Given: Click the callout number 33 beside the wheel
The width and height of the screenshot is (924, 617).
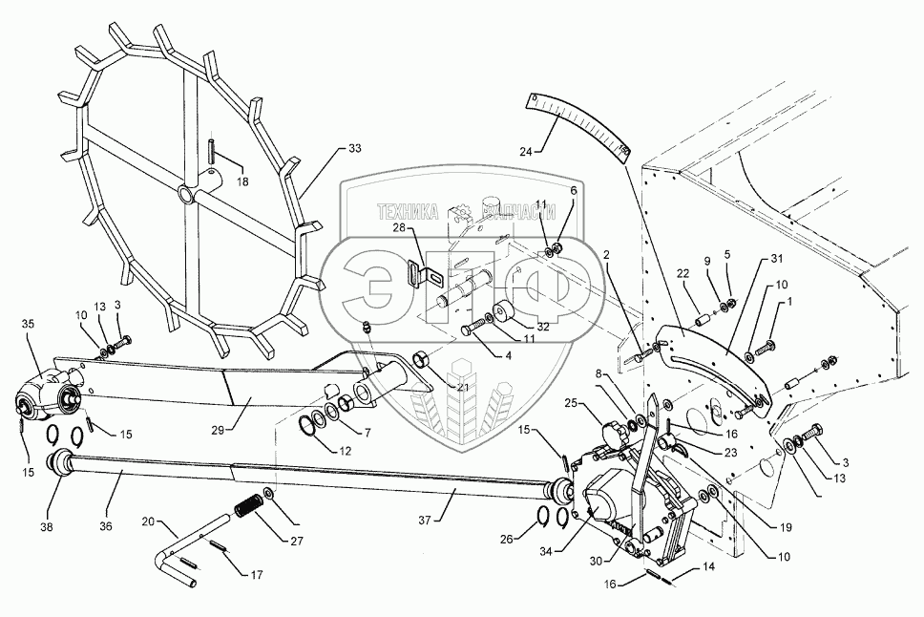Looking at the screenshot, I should click(x=355, y=149).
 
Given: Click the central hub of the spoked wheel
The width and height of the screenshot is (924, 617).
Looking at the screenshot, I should click(x=183, y=193).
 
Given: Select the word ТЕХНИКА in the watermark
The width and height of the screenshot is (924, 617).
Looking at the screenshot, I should click(x=409, y=212).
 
